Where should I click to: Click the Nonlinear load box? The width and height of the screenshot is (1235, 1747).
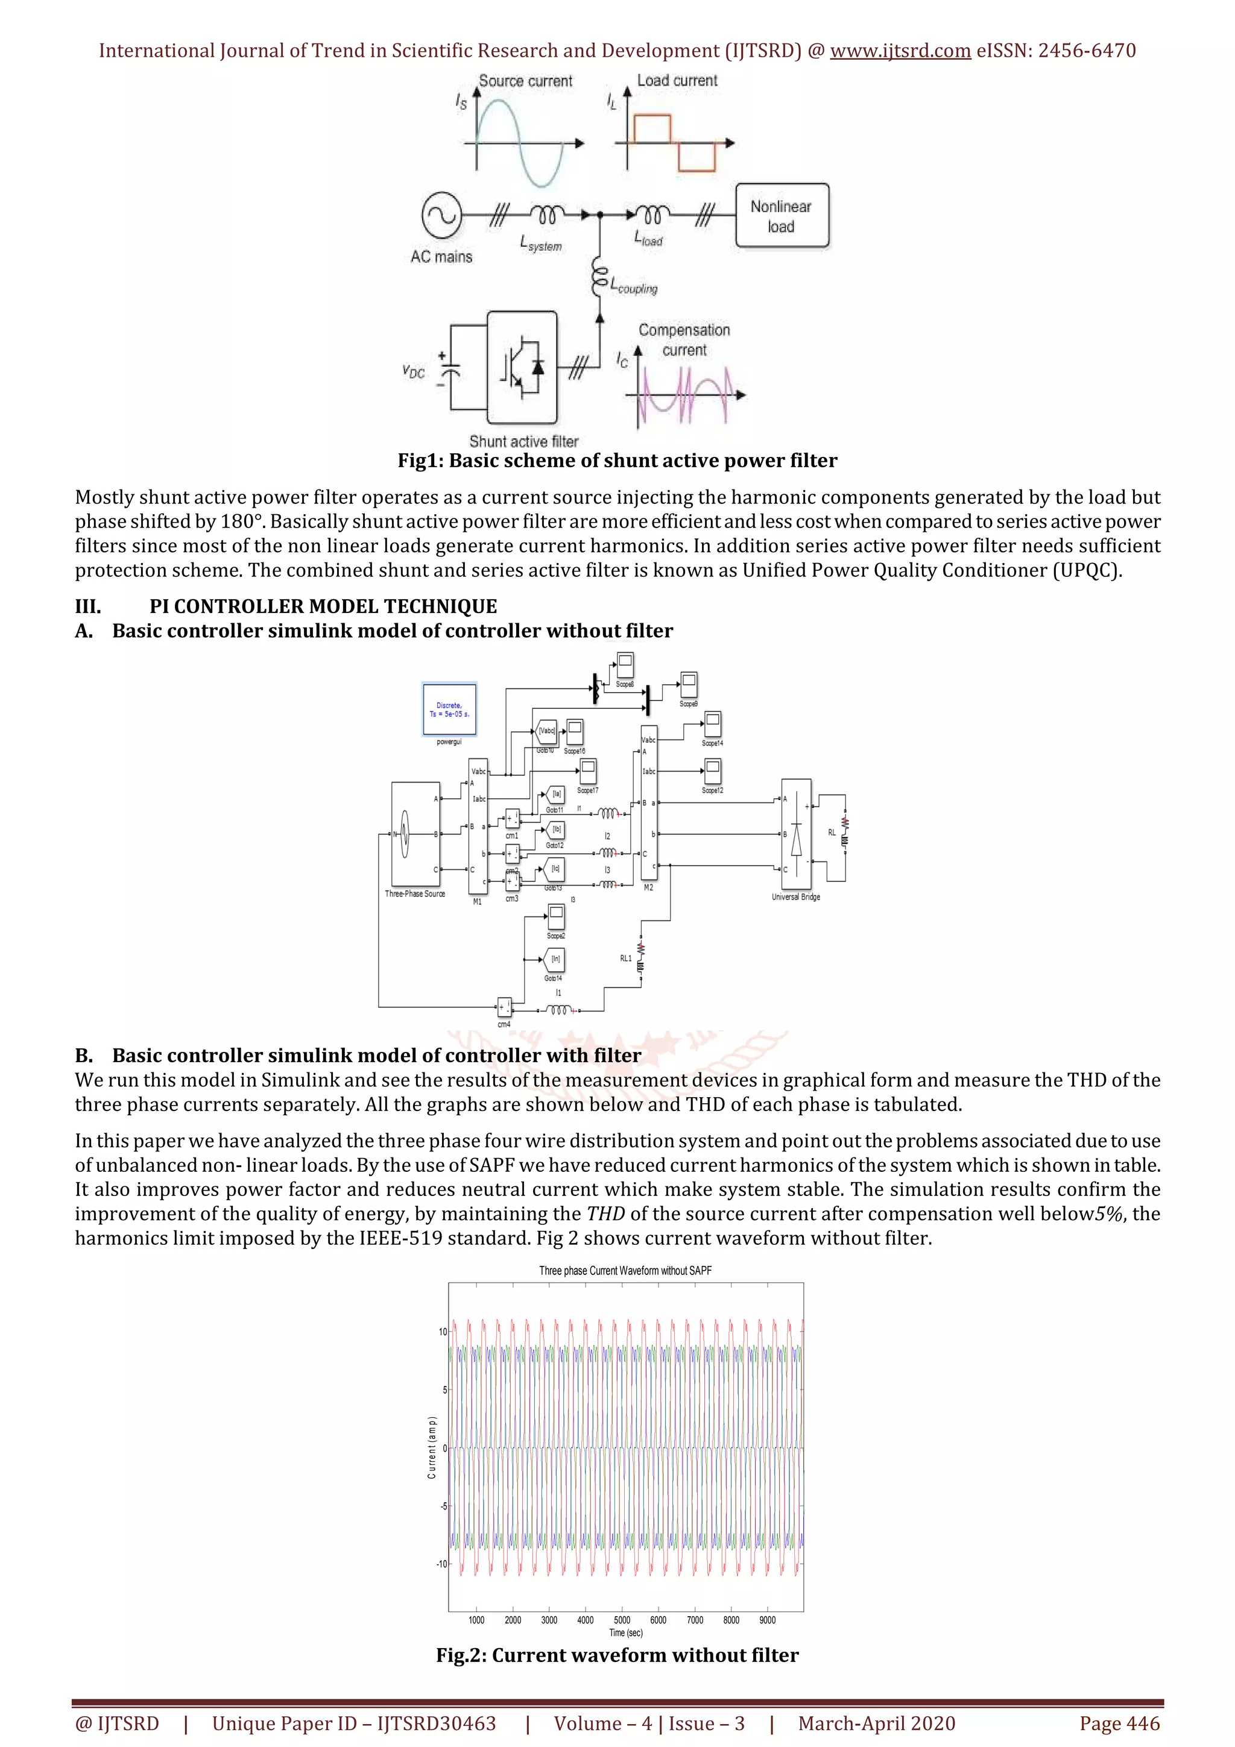pos(782,216)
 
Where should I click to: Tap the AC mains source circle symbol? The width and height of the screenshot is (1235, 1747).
pos(441,215)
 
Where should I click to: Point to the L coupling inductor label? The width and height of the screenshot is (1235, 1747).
pos(633,287)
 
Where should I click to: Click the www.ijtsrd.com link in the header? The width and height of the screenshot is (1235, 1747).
pos(900,51)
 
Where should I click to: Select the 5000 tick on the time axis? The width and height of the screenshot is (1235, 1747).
pos(622,1620)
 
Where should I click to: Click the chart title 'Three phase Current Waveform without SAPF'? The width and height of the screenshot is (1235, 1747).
pos(625,1270)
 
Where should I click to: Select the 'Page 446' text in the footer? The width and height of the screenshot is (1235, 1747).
pos(1119,1723)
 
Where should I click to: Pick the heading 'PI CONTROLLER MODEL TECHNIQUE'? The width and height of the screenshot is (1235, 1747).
pos(323,606)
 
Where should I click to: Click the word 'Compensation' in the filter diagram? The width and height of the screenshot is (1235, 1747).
pos(684,330)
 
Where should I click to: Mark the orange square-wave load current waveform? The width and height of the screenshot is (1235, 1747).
pos(674,142)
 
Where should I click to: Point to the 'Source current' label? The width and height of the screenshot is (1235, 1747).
pos(525,81)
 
